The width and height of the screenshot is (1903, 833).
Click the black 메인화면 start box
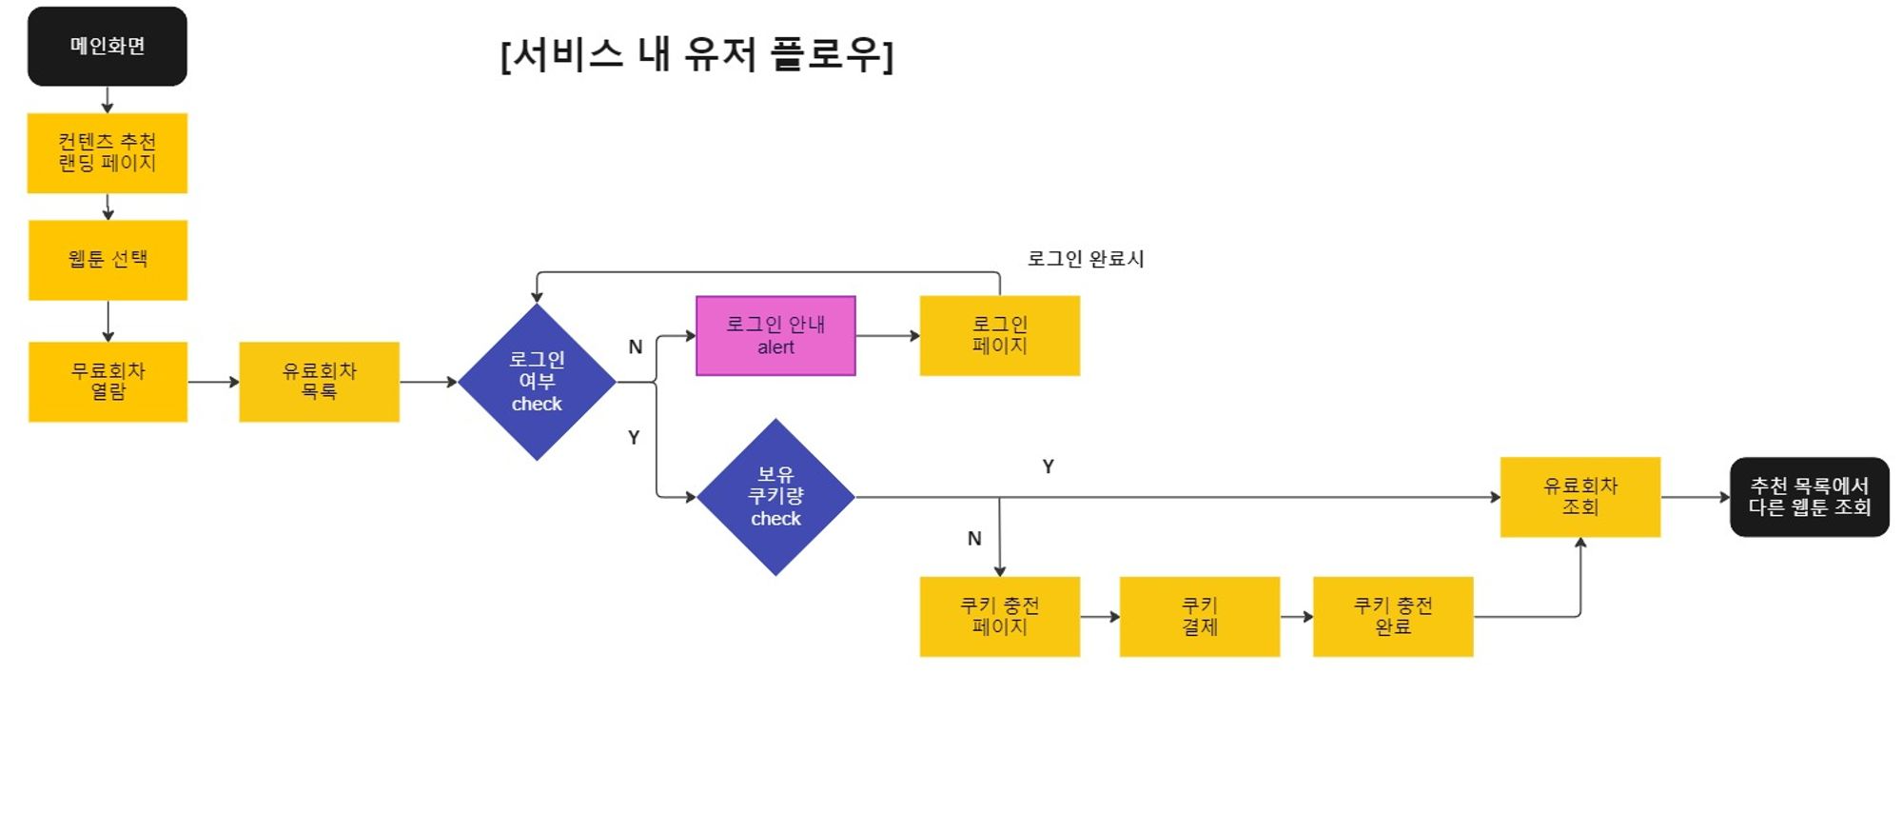click(x=108, y=47)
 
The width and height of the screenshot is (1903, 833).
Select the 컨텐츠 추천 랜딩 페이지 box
click(x=108, y=153)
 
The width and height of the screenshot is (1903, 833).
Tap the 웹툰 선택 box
click(x=108, y=260)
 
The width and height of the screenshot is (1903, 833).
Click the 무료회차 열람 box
click(x=108, y=382)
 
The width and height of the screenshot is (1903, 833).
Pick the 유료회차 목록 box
click(x=319, y=382)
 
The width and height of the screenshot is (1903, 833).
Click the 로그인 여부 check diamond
click(x=537, y=382)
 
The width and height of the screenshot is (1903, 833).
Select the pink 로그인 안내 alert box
click(x=775, y=336)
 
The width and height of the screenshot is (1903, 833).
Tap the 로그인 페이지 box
click(x=999, y=336)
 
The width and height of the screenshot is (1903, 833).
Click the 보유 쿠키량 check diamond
click(x=775, y=497)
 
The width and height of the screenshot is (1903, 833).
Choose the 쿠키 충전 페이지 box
click(x=999, y=617)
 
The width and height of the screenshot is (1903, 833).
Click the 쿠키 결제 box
click(x=1199, y=617)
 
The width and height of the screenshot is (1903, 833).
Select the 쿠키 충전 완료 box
click(x=1393, y=617)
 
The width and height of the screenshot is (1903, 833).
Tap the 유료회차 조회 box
click(x=1579, y=497)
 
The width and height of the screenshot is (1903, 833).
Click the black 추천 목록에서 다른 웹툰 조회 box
click(x=1809, y=497)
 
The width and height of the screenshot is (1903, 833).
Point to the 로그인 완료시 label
click(x=1086, y=259)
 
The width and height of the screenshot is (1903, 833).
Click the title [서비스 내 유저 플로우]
click(x=696, y=54)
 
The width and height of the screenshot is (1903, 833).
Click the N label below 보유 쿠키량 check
click(x=974, y=539)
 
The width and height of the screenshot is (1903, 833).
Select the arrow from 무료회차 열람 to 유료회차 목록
click(x=213, y=382)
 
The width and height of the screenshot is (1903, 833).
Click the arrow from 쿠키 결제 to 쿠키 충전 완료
click(x=1296, y=617)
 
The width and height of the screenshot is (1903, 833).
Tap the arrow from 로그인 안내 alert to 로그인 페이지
click(x=887, y=336)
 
